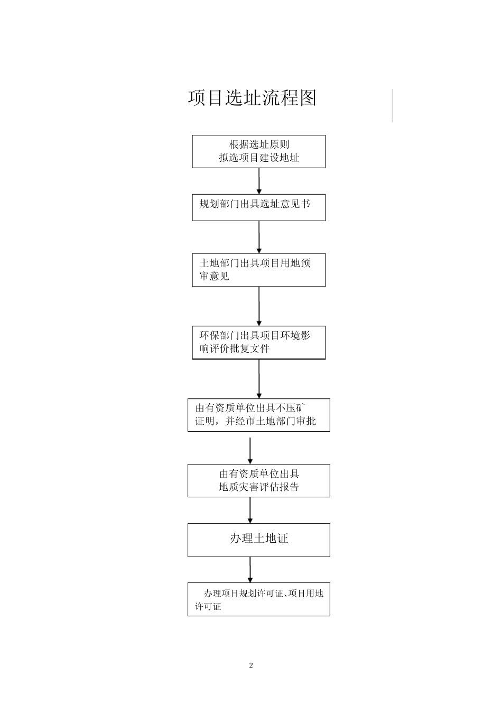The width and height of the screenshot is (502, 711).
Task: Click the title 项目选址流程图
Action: pos(252,98)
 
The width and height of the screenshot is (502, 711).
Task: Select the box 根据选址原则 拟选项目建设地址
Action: pos(258,151)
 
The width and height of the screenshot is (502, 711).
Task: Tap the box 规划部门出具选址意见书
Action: pos(258,207)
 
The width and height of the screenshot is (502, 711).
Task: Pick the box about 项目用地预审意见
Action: pos(258,270)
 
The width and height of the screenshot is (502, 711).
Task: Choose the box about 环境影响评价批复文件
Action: pos(258,342)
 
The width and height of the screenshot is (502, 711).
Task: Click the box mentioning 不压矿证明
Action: pos(258,415)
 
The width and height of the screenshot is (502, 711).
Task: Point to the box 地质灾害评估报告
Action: pos(258,480)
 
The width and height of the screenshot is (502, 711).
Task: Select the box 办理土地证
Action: pos(258,540)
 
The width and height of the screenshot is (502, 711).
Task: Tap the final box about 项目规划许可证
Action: pos(258,599)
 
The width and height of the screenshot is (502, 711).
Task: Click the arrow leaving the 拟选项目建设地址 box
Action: pos(259,181)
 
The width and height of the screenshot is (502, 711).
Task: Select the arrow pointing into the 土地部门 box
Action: pos(259,237)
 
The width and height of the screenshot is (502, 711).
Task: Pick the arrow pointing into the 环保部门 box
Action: pos(259,306)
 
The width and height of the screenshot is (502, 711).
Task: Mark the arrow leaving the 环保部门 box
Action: pos(259,379)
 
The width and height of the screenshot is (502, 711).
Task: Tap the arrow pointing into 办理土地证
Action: pos(250,511)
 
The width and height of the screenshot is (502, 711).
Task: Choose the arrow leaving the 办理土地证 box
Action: pos(250,570)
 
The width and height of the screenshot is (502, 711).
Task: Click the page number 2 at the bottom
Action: pos(251,665)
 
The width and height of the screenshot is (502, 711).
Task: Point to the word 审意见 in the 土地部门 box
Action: pos(214,276)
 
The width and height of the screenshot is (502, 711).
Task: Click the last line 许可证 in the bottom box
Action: pos(208,606)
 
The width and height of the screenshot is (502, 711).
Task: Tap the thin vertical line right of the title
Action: pos(392,105)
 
